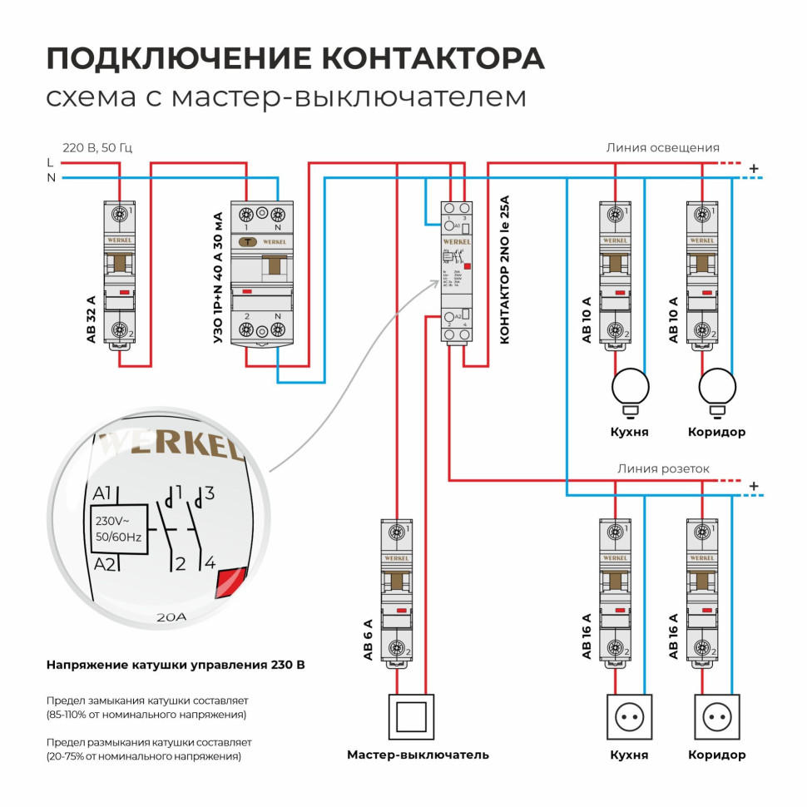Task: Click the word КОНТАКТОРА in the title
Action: pyautogui.click(x=433, y=58)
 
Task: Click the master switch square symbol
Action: pyautogui.click(x=412, y=715)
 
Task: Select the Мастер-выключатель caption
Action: pyautogui.click(x=418, y=755)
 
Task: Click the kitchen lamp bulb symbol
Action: pyautogui.click(x=631, y=387)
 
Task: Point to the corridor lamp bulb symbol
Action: pyautogui.click(x=717, y=387)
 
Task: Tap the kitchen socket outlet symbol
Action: pyautogui.click(x=631, y=716)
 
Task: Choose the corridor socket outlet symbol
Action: pyautogui.click(x=717, y=716)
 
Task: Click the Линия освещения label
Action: pyautogui.click(x=662, y=148)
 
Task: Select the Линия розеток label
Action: pyautogui.click(x=663, y=468)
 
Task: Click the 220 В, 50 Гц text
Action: pyautogui.click(x=97, y=148)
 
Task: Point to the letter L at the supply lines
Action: pyautogui.click(x=50, y=163)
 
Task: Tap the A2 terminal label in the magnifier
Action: pyautogui.click(x=104, y=565)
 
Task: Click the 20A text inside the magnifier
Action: pyautogui.click(x=172, y=618)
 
